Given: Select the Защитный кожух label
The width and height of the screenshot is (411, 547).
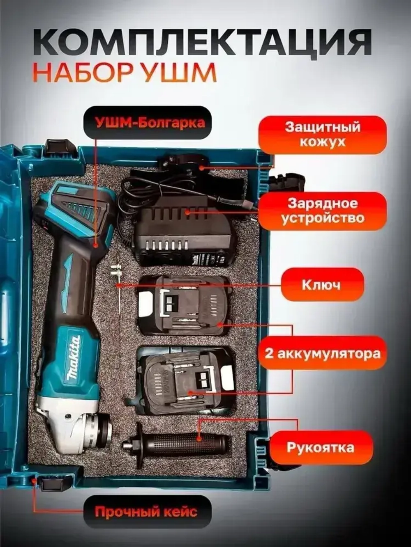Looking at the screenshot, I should pos(322,135).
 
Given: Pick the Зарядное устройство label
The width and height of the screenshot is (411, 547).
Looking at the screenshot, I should pos(322,211).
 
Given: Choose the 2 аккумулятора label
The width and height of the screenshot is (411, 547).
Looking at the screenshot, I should pos(322,353).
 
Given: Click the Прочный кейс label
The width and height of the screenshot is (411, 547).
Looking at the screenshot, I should pos(146,512).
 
